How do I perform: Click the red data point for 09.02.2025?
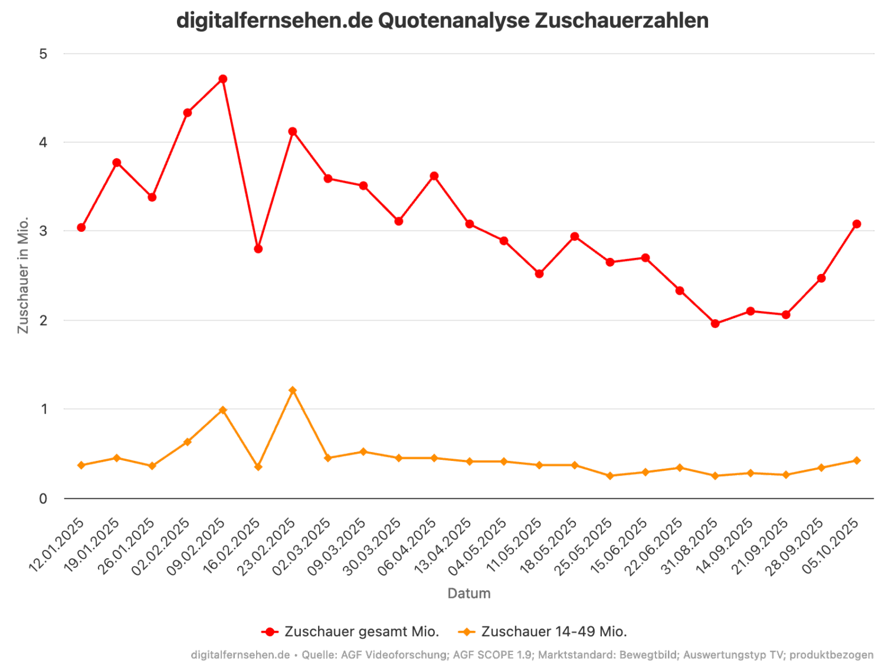[x=222, y=79]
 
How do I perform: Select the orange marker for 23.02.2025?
[x=293, y=390]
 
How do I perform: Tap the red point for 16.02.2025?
[x=258, y=249]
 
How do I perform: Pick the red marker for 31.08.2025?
[x=715, y=323]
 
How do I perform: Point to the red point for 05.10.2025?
[x=856, y=224]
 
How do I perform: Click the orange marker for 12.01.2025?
[x=81, y=465]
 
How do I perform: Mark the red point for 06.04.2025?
[x=434, y=176]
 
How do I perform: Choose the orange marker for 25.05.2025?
[x=610, y=476]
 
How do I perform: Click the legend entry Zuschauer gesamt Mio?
[x=350, y=632]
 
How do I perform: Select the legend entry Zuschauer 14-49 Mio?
[x=543, y=632]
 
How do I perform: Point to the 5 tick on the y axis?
[x=42, y=54]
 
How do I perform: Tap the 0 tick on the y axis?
[x=42, y=499]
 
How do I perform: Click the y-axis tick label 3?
[x=42, y=231]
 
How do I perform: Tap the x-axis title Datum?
[x=468, y=593]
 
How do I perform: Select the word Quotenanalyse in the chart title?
[x=453, y=21]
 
